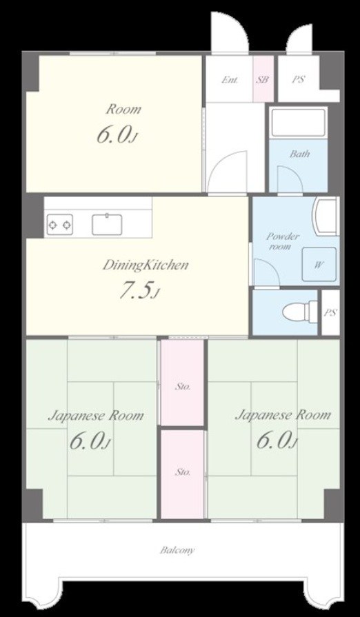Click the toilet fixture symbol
[x=300, y=312]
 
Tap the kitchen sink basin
[x=107, y=225]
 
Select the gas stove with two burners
[x=60, y=225]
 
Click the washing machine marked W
[x=319, y=264]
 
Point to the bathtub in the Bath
[x=299, y=122]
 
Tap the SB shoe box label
[x=263, y=79]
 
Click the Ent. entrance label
[x=230, y=79]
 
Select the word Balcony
[x=177, y=550]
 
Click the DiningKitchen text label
[x=146, y=265]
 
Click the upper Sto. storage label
[x=183, y=387]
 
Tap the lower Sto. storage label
[x=183, y=472]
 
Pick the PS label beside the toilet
[x=330, y=313]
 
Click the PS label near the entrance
[x=299, y=79]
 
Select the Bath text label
[x=299, y=154]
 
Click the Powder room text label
[x=283, y=241]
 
